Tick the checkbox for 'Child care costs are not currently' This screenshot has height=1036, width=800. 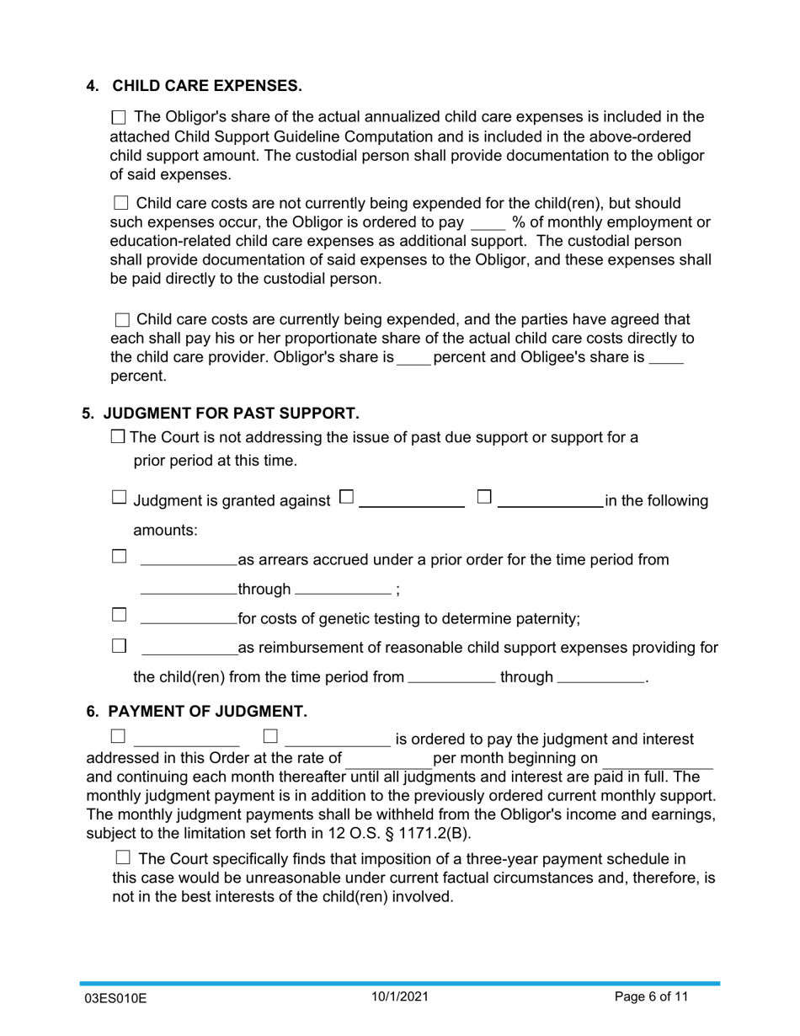120,204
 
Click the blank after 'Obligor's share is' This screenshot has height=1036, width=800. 413,359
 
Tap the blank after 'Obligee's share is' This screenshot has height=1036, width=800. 666,359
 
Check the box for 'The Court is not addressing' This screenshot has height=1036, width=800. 119,436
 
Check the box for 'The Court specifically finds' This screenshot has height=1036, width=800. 122,858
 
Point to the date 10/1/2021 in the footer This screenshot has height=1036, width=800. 401,997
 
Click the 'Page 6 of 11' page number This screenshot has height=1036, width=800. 651,997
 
